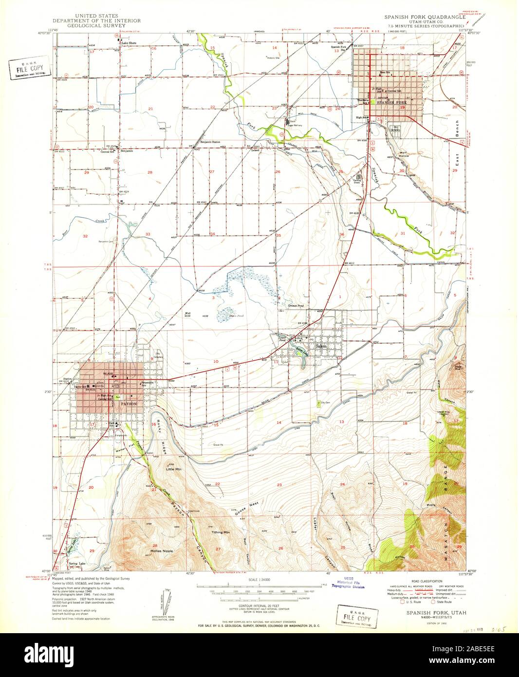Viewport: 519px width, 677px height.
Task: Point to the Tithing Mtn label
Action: [220, 532]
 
